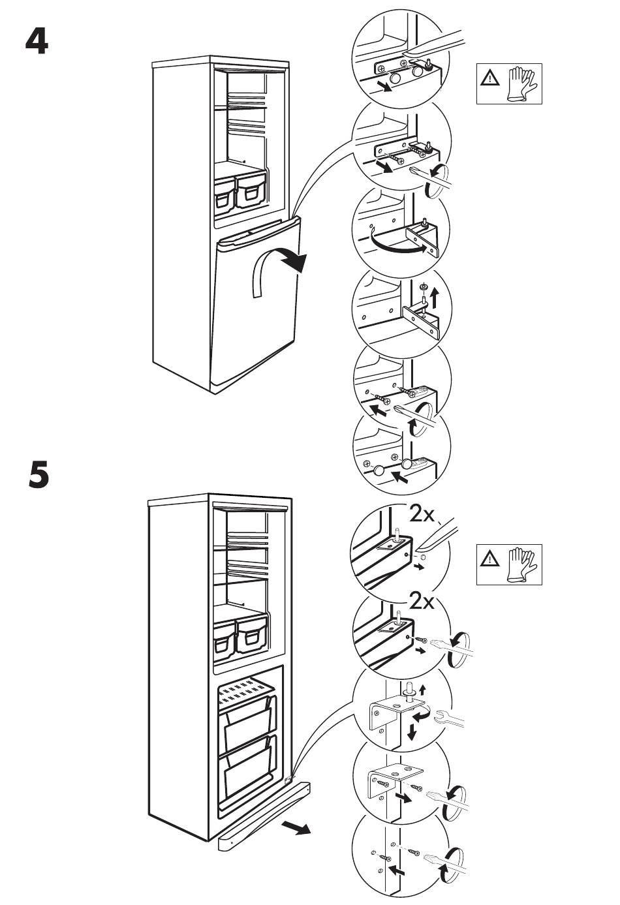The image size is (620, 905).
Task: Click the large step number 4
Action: tap(37, 42)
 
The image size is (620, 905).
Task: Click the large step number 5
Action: tap(39, 474)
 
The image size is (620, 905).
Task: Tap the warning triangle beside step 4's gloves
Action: tap(488, 78)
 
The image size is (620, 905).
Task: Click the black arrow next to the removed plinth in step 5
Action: tap(298, 829)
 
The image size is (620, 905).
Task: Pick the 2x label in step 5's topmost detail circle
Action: tap(423, 515)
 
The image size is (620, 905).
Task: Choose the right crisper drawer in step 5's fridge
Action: tap(252, 636)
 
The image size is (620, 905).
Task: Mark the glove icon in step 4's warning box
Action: tap(521, 84)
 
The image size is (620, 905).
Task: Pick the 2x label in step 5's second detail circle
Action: tap(423, 601)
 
